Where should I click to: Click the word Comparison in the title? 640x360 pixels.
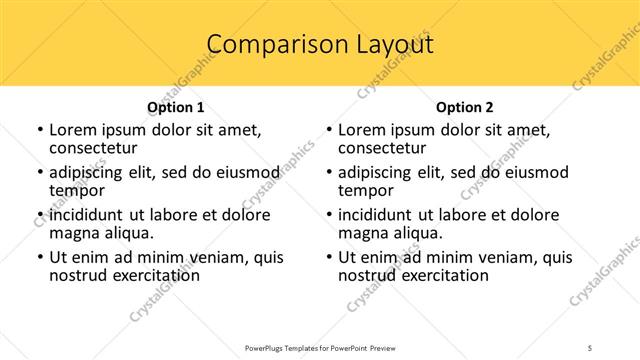coord(267,44)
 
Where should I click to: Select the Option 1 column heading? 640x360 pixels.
coord(176,107)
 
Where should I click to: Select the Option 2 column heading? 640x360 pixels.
coord(465,107)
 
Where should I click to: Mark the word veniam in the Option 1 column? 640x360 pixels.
coord(219,257)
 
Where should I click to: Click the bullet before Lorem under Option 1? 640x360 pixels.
coord(39,130)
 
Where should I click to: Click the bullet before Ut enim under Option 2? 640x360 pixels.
coord(328,257)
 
